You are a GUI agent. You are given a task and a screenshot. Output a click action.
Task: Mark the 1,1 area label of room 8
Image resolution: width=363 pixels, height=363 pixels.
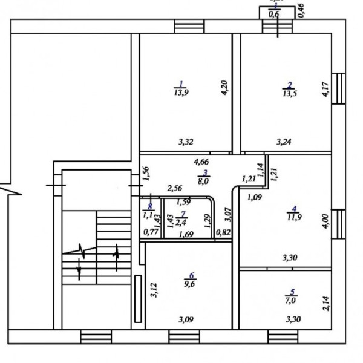[148, 214]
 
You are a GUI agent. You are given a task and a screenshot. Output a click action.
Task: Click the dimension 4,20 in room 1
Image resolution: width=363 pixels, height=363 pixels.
[224, 90]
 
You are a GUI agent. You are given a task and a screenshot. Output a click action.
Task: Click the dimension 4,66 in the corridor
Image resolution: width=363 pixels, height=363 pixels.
[201, 162]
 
